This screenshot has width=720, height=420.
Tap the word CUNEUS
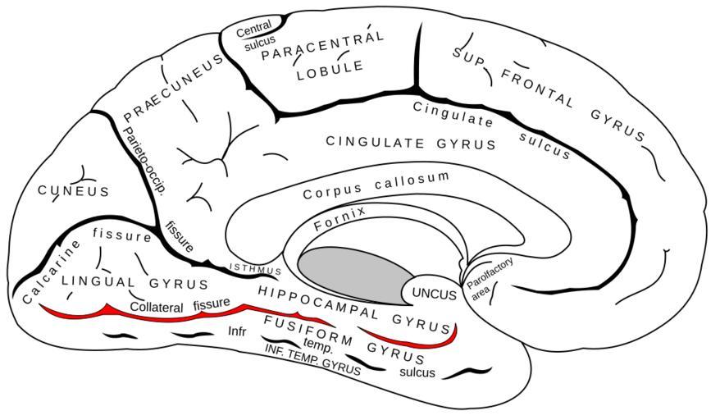click(x=74, y=190)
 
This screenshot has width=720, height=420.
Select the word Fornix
click(x=339, y=218)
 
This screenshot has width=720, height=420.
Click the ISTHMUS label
click(x=255, y=268)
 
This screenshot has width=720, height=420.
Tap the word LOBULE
click(x=330, y=71)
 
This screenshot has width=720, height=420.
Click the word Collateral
click(x=157, y=307)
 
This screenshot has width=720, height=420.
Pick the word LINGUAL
click(x=98, y=281)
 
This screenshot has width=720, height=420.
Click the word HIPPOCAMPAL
click(x=317, y=303)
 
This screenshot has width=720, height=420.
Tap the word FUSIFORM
click(x=308, y=331)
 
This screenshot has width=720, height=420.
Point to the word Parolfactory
click(x=490, y=273)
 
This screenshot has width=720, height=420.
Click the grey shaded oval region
click(x=357, y=276)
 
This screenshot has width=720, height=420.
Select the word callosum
click(x=412, y=180)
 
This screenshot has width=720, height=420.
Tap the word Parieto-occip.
click(x=144, y=160)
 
